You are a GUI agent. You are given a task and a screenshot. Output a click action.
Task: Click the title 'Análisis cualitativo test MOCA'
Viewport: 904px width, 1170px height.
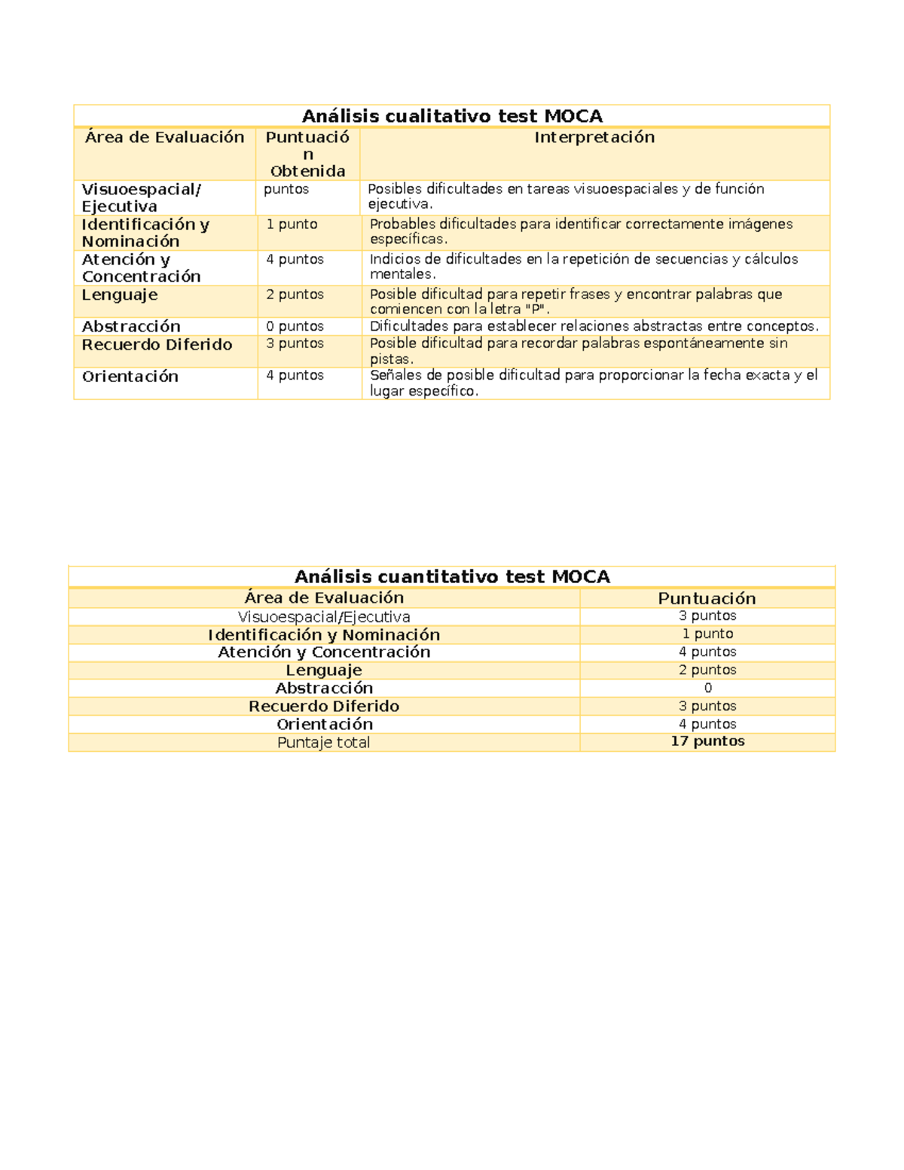pos(452,116)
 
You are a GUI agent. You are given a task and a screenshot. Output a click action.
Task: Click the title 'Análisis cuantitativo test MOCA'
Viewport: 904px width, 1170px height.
pos(452,576)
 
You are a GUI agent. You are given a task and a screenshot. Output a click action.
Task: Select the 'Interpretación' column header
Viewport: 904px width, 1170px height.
pos(594,137)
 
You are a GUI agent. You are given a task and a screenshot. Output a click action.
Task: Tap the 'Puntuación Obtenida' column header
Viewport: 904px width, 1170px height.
pos(307,154)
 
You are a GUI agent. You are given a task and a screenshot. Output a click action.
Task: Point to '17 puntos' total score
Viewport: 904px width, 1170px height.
pos(707,741)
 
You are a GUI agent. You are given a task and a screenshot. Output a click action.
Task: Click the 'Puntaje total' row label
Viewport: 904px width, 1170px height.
pos(323,742)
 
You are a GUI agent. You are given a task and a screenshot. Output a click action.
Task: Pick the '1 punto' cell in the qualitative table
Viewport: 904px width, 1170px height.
pos(292,225)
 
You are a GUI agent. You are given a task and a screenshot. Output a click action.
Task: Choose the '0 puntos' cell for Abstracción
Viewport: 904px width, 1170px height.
pos(295,326)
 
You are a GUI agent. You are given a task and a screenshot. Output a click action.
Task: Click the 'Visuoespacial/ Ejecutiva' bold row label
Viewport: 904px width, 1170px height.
pos(141,197)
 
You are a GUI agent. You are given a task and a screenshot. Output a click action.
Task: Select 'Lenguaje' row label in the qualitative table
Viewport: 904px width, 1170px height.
pos(120,295)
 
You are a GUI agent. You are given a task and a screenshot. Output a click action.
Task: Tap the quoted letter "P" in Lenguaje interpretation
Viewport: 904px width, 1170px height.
pos(534,310)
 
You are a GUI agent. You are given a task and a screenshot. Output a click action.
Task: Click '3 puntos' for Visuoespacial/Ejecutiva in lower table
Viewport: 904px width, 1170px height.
pos(707,616)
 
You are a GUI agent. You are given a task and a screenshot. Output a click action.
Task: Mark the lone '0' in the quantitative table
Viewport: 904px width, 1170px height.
pos(707,688)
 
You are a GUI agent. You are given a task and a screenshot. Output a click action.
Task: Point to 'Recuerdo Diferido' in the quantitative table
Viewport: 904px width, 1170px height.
pos(324,706)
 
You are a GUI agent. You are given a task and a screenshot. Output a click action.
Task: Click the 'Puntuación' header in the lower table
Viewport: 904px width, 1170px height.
pos(707,598)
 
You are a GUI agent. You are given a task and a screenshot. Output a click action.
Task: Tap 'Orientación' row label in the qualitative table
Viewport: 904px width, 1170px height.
pos(130,377)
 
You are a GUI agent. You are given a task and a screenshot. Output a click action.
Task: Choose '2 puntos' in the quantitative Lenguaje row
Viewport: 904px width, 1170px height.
pos(707,670)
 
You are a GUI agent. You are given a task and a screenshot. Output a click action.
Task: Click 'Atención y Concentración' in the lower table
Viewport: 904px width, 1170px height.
pos(324,652)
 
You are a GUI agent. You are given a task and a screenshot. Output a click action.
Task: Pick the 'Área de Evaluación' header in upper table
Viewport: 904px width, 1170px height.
pos(165,137)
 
